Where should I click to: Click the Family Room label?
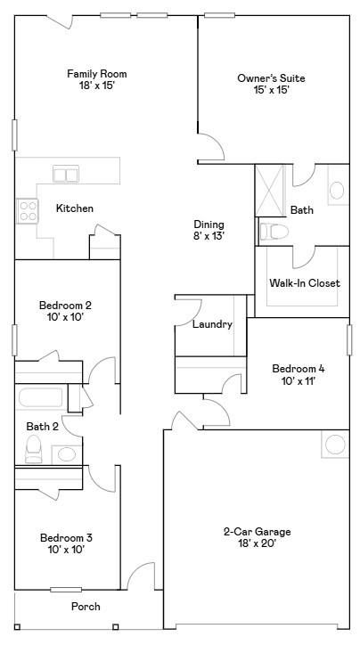pyautogui.click(x=97, y=74)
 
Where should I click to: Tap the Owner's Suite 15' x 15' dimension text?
pyautogui.click(x=271, y=90)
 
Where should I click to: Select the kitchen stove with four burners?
pyautogui.click(x=28, y=211)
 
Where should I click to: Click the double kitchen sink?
pyautogui.click(x=66, y=174)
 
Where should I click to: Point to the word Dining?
pyautogui.click(x=209, y=224)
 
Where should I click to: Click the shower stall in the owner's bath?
pyautogui.click(x=269, y=191)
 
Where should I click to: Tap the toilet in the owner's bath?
pyautogui.click(x=274, y=232)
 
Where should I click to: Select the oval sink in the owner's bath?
pyautogui.click(x=337, y=191)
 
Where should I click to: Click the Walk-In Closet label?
pyautogui.click(x=305, y=283)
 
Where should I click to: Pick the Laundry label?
pyautogui.click(x=212, y=324)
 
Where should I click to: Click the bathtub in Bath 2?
pyautogui.click(x=40, y=397)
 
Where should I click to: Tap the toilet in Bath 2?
pyautogui.click(x=34, y=449)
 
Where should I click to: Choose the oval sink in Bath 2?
pyautogui.click(x=67, y=454)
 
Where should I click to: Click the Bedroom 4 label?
pyautogui.click(x=299, y=369)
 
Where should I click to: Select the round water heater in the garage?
pyautogui.click(x=335, y=444)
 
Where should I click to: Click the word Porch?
pyautogui.click(x=86, y=607)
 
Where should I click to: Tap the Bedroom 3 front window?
pyautogui.click(x=66, y=589)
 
